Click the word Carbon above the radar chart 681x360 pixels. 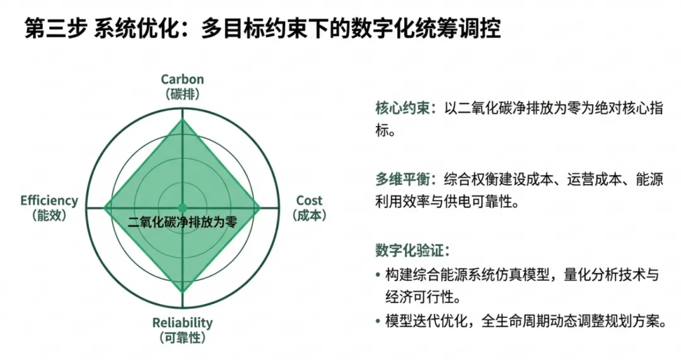(x=182, y=79)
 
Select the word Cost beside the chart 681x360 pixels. (x=309, y=200)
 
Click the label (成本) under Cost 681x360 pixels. (x=309, y=215)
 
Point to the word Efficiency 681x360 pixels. (x=49, y=200)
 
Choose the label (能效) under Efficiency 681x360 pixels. (x=49, y=215)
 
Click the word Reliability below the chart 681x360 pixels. (x=182, y=323)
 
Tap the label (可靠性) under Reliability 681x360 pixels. (x=182, y=338)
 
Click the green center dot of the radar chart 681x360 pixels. (x=182, y=207)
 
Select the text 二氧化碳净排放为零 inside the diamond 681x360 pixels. (x=182, y=222)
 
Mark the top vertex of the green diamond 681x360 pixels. (x=182, y=120)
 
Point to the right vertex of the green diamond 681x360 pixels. (x=260, y=207)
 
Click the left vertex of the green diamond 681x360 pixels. (x=105, y=207)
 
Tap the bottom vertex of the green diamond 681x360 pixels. (x=182, y=291)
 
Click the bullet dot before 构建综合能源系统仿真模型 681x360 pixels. (x=378, y=275)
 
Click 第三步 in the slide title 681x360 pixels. (x=55, y=29)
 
